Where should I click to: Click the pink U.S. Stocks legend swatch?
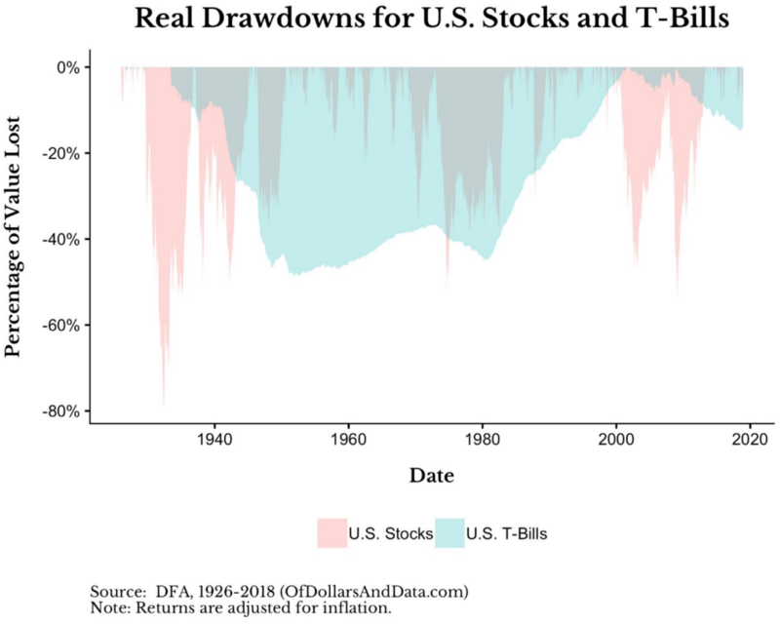(x=331, y=533)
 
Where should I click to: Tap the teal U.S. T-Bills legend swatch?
(x=449, y=533)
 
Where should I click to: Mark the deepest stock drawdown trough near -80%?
(x=164, y=404)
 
